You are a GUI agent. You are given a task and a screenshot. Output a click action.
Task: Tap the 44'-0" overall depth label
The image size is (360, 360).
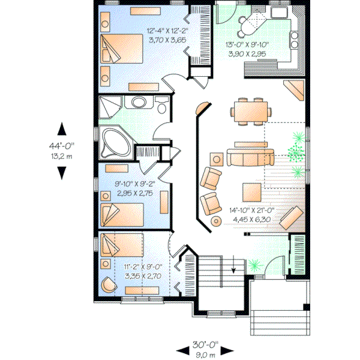click(x=61, y=145)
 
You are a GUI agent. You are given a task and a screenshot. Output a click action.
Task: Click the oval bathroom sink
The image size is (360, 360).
click(x=139, y=103)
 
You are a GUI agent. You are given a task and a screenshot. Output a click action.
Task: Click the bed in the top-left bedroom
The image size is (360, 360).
click(x=122, y=49)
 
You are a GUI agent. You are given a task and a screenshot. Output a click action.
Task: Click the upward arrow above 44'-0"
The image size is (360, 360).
click(x=61, y=128)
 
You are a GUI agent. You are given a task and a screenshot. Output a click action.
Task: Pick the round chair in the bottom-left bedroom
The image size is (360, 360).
click(x=108, y=284)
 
